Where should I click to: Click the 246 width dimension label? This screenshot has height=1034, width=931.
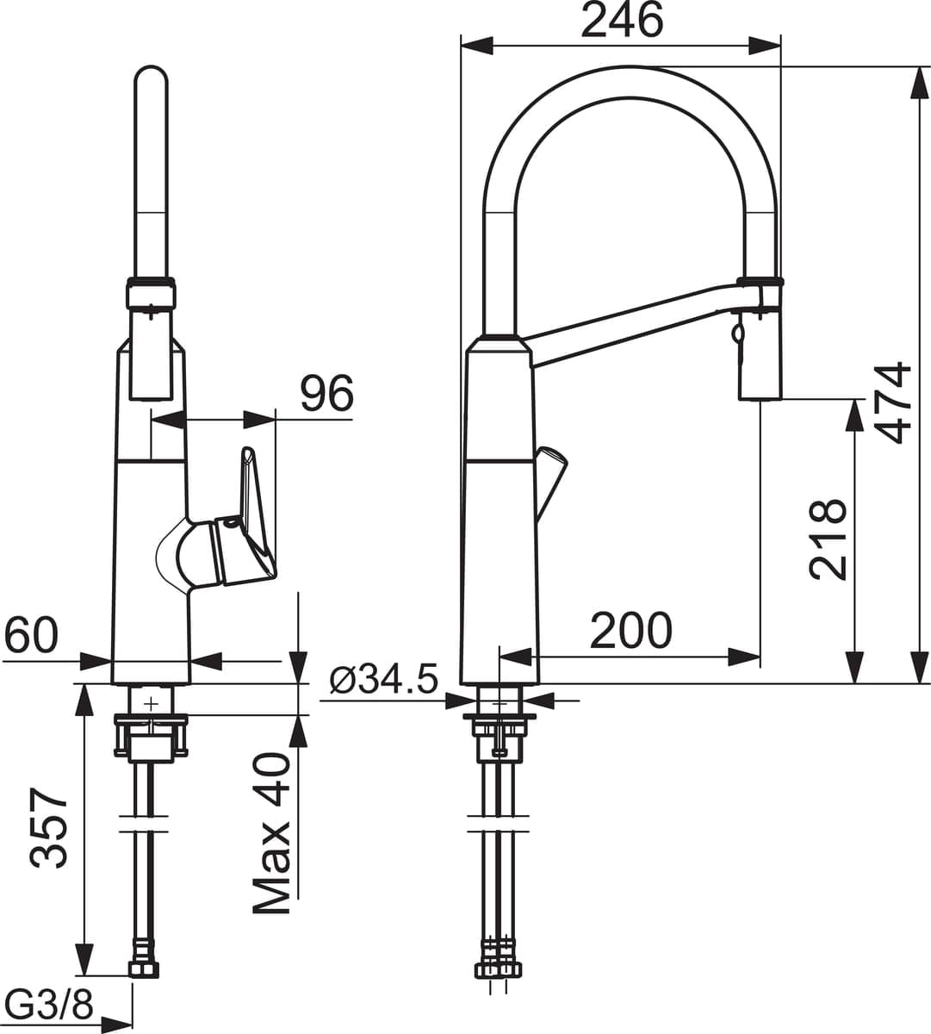pos(623,22)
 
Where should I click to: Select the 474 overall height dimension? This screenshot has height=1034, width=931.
pos(895,402)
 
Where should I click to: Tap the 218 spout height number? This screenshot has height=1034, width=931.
pos(828,539)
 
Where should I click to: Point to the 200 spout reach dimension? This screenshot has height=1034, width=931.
pos(630,631)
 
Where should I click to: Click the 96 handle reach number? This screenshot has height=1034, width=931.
pos(327,393)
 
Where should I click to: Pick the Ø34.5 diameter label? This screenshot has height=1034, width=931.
pos(384,679)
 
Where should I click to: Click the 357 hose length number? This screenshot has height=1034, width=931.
pos(48,827)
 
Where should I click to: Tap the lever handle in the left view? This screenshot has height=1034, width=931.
pos(227,518)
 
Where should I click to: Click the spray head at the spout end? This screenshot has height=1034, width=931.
pos(760,339)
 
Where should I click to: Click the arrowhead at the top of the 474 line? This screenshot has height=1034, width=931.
pos(920,84)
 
